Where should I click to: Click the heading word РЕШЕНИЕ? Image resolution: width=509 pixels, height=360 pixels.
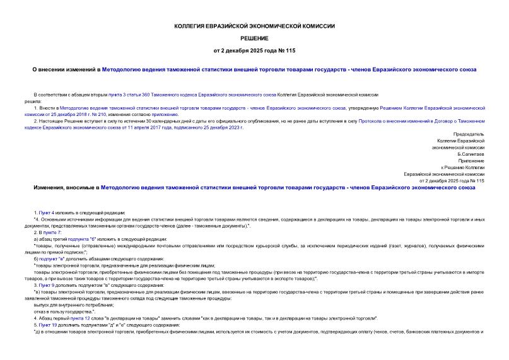pyautogui.click(x=254, y=38)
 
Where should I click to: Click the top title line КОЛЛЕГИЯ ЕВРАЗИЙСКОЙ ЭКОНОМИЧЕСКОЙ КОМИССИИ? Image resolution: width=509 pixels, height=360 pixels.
pyautogui.click(x=254, y=26)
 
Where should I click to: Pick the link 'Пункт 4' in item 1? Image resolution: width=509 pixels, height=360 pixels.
pyautogui.click(x=47, y=213)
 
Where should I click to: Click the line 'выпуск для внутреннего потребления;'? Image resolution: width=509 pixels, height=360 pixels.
pyautogui.click(x=73, y=305)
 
